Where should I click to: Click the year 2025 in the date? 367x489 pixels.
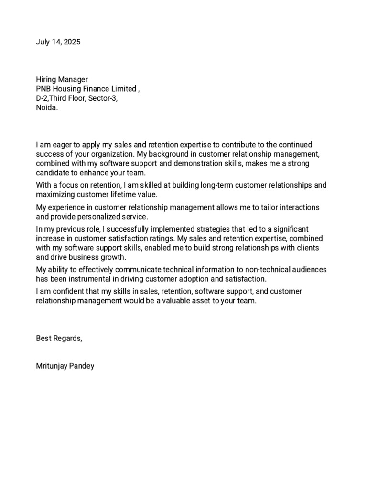tap(72, 42)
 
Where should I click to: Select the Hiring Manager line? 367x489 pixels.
tap(62, 80)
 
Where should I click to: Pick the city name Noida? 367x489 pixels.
tap(47, 108)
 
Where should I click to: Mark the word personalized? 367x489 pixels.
tap(101, 217)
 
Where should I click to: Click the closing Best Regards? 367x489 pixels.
tap(59, 338)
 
